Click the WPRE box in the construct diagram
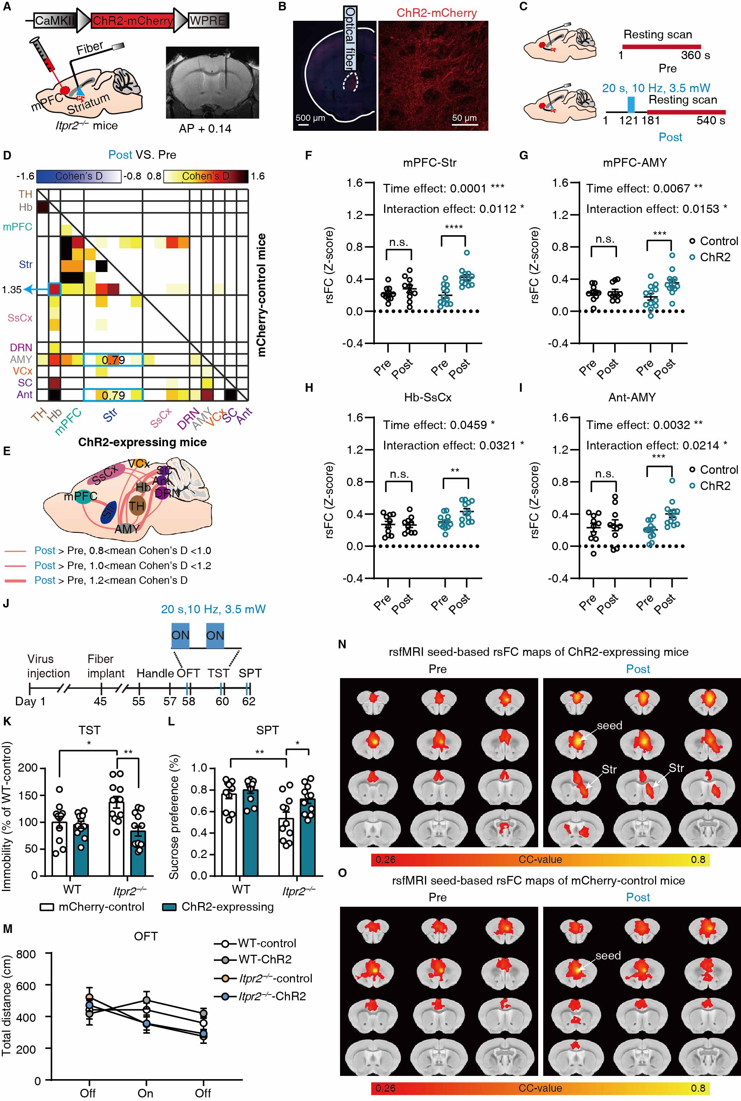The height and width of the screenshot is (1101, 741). pos(208,21)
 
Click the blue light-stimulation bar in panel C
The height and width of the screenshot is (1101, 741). pos(631,104)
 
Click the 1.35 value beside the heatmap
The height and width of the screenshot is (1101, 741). pos(11,290)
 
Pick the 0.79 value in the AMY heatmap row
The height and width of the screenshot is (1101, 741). pos(114,360)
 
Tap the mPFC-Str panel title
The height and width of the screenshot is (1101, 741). pos(430,163)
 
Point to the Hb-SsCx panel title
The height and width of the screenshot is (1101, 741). pos(428,397)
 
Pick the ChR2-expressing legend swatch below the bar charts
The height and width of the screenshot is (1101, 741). pos(169,907)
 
